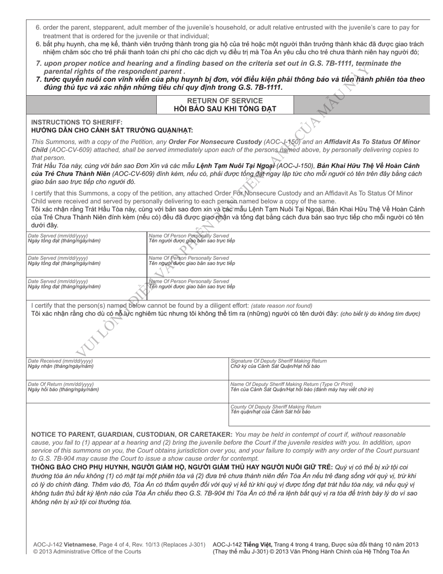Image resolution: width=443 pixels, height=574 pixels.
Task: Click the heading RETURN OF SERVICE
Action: [225, 101]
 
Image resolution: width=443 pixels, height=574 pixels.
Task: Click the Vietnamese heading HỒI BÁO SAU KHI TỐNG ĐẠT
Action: [225, 109]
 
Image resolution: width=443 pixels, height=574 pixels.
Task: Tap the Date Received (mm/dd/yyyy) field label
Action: [60, 361]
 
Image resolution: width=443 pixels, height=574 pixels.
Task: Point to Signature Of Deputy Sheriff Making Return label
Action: [278, 361]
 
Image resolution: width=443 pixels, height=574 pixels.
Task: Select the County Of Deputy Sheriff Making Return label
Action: [276, 407]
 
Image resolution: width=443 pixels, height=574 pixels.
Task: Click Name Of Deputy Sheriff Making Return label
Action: [291, 384]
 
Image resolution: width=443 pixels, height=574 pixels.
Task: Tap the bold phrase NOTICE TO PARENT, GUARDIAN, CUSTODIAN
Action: [132, 434]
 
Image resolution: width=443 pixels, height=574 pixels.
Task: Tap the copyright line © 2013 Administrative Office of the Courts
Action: [87, 552]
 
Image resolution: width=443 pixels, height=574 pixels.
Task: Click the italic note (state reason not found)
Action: [281, 306]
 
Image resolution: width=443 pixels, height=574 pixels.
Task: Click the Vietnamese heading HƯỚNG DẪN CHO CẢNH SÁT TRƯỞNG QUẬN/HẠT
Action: [112, 130]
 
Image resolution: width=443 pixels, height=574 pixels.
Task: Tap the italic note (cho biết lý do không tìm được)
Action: [380, 314]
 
